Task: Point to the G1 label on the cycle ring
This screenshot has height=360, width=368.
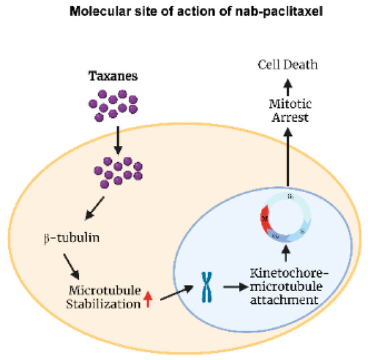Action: click(290, 196)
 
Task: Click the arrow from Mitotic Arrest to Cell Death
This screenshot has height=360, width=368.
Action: click(288, 86)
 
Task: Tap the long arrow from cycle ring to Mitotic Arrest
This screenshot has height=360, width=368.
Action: click(288, 157)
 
